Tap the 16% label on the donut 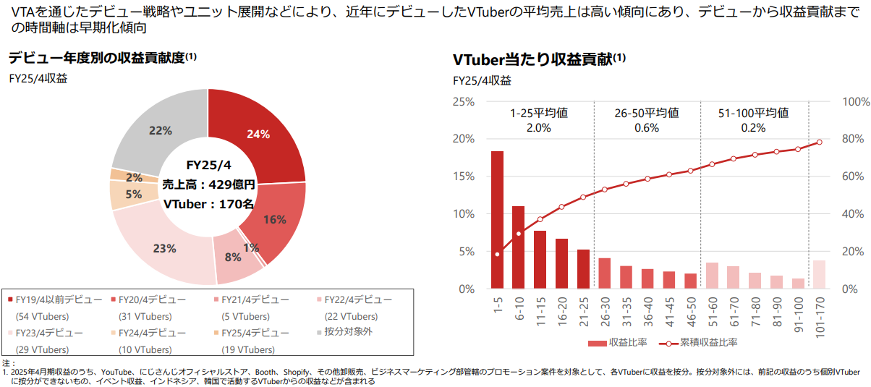pyautogui.click(x=275, y=220)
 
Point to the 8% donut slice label pyautogui.click(x=233, y=257)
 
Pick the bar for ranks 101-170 pyautogui.click(x=819, y=274)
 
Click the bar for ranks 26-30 pyautogui.click(x=604, y=273)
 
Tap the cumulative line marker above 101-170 pyautogui.click(x=819, y=143)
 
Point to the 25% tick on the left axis pyautogui.click(x=462, y=102)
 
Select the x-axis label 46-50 pyautogui.click(x=690, y=312)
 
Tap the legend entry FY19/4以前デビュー pyautogui.click(x=54, y=299)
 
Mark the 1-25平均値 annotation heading pyautogui.click(x=539, y=113)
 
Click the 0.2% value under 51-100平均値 pyautogui.click(x=753, y=128)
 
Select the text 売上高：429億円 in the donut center pyautogui.click(x=208, y=184)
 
